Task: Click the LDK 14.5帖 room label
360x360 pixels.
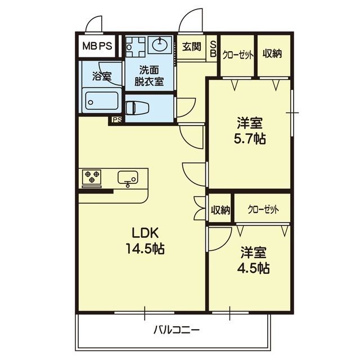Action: click(145, 241)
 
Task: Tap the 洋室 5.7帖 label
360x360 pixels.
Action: click(250, 130)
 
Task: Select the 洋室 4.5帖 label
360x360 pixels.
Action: click(253, 260)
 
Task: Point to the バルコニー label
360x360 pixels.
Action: click(176, 331)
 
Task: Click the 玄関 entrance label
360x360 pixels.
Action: click(192, 47)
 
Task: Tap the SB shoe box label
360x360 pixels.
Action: click(213, 49)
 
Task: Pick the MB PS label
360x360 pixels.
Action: click(97, 46)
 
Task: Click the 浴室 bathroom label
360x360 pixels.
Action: click(102, 76)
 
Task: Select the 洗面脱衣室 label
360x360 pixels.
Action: click(149, 76)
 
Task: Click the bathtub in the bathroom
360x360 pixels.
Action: click(102, 101)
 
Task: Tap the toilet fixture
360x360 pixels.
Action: click(137, 107)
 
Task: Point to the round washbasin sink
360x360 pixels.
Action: click(160, 45)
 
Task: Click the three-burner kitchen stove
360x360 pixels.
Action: click(92, 177)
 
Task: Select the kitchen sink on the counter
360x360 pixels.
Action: click(128, 178)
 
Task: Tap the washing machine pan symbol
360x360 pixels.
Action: click(136, 47)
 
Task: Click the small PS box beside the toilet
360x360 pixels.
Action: click(117, 120)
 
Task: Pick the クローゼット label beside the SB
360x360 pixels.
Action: click(238, 55)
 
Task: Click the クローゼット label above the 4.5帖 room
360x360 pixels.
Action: click(263, 209)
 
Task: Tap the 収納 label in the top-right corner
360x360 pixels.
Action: click(272, 53)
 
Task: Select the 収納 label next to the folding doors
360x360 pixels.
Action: click(220, 210)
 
